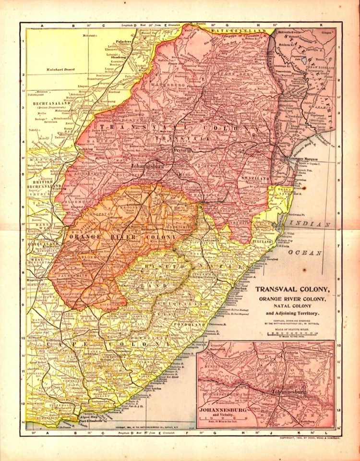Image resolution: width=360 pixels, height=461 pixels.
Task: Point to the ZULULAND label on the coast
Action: click(261, 241)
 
